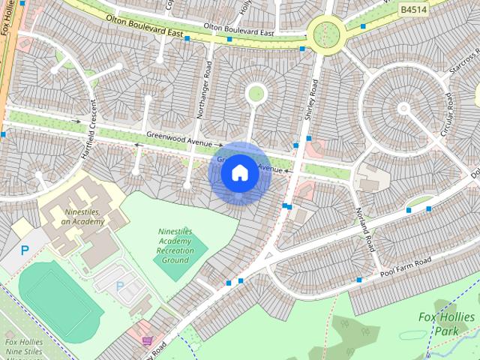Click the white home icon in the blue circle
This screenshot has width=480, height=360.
click(x=239, y=173)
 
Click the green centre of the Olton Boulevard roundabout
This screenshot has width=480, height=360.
click(x=327, y=32)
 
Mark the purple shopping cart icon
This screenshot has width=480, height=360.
click(x=146, y=341)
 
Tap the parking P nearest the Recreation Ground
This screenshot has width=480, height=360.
click(x=120, y=286)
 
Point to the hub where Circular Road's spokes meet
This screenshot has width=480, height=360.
click(x=403, y=109)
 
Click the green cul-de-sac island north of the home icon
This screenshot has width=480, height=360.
click(x=256, y=93)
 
